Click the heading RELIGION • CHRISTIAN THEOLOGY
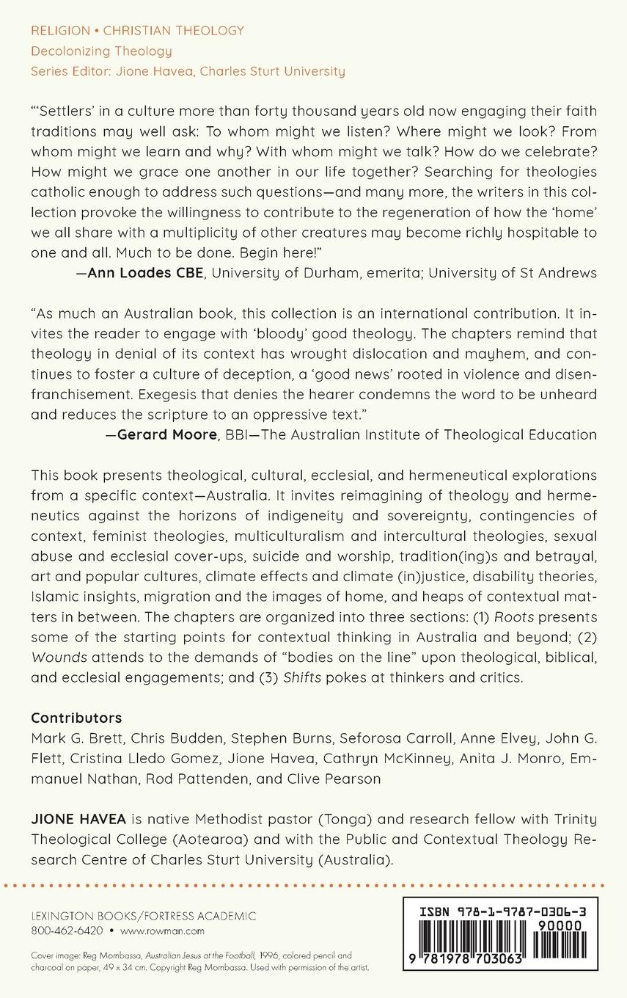(137, 31)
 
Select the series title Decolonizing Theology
(101, 51)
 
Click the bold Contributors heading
(76, 718)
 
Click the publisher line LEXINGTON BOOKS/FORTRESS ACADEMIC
(144, 916)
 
